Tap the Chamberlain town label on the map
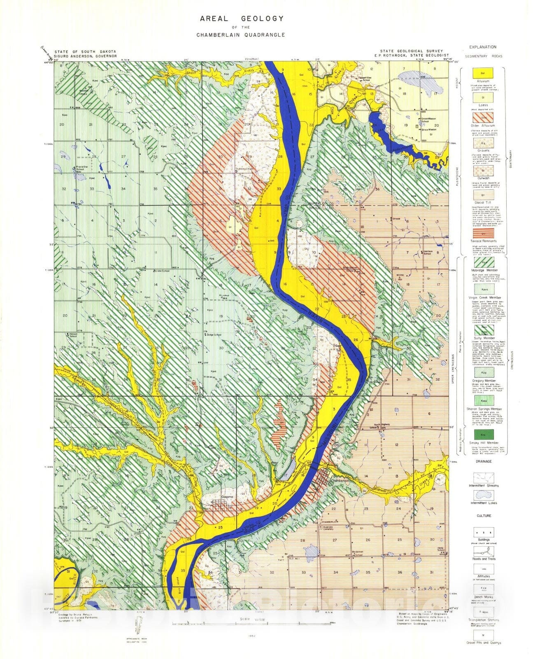click(x=339, y=481)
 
